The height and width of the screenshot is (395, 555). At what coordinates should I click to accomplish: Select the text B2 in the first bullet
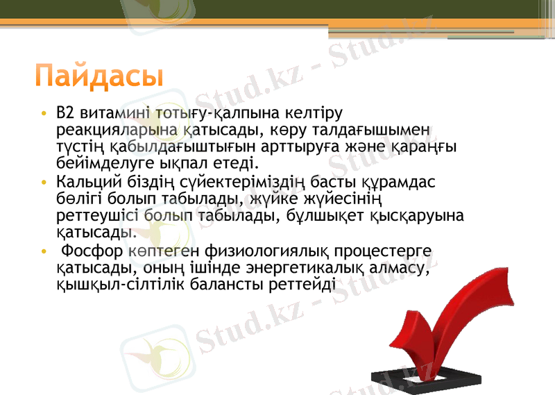(65, 112)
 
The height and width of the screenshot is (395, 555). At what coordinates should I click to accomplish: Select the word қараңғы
(427, 147)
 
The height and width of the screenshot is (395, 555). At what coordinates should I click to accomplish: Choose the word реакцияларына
(113, 130)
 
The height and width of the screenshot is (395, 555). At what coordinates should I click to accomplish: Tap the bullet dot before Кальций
(44, 183)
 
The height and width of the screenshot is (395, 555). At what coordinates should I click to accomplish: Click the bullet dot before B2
(44, 113)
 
